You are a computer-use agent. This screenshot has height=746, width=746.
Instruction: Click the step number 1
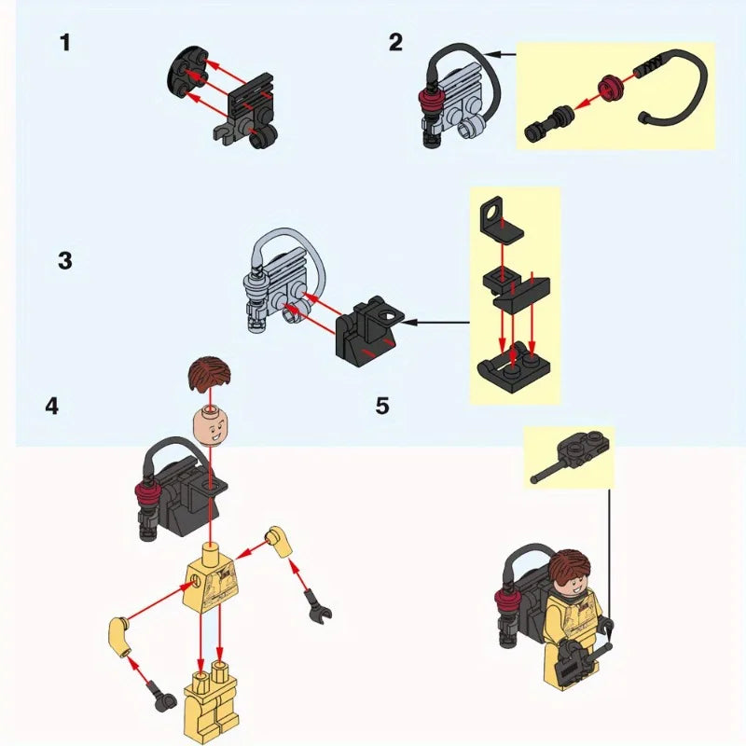65,42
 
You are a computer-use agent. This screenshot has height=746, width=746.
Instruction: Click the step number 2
395,42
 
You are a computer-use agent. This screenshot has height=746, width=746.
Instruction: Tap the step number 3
65,261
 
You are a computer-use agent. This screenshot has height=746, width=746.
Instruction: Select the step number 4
52,407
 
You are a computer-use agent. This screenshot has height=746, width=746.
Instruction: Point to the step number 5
382,407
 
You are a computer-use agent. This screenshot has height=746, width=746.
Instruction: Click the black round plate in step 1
188,73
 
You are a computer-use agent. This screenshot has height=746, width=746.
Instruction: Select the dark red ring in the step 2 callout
611,88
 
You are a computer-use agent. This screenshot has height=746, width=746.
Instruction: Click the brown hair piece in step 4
210,373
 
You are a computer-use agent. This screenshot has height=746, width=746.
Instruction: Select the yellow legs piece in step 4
211,703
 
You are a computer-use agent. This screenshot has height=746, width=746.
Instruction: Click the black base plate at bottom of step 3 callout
514,372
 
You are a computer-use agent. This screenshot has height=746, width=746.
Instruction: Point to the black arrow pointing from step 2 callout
500,55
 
